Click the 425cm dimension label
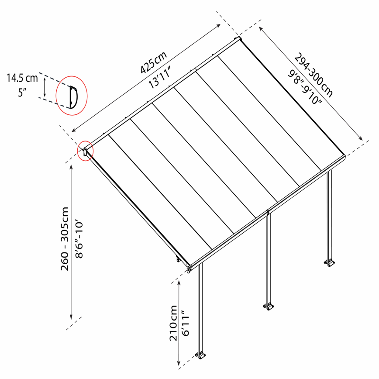tap(154, 62)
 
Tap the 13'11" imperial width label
tap(160, 77)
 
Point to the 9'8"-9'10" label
tap(305, 87)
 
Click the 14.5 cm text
tap(22, 78)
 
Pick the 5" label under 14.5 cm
tap(22, 93)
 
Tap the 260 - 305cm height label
tap(65, 238)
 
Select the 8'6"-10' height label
tap(79, 238)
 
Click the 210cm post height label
tap(173, 323)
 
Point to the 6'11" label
tap(186, 323)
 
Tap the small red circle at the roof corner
tap(85, 151)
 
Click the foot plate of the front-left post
tap(200, 355)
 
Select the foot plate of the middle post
tap(268, 307)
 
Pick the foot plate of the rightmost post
tap(330, 263)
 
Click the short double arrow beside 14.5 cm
tap(45, 87)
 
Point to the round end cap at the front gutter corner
tap(189, 269)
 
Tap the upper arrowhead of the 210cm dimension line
tap(179, 283)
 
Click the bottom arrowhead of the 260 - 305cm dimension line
tap(71, 317)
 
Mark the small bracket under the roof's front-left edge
tap(178, 259)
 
